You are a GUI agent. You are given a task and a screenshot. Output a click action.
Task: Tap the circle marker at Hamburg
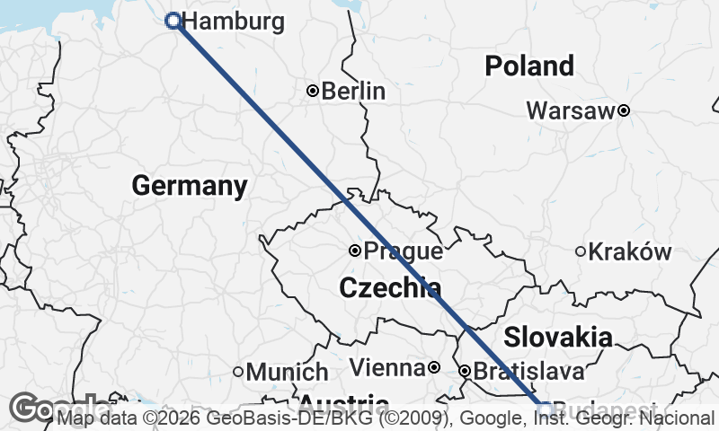173,21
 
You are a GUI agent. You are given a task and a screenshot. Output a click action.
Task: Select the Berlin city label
353,91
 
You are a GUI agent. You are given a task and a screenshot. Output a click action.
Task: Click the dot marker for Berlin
313,90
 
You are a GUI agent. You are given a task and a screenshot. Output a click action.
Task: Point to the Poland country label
528,66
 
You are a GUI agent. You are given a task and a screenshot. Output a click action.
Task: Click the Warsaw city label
570,111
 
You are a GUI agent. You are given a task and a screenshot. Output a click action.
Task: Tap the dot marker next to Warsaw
623,110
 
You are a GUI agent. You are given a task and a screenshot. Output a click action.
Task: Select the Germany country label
189,186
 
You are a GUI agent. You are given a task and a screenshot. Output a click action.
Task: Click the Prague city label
404,251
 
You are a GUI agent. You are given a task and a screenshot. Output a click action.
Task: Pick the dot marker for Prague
355,251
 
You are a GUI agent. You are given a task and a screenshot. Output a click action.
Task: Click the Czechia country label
390,288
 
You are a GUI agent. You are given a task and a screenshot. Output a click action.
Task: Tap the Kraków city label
630,252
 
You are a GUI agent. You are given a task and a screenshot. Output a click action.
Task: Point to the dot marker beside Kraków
581,251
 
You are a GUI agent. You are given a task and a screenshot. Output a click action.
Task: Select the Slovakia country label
557,338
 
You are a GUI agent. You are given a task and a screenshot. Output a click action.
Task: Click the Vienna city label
386,368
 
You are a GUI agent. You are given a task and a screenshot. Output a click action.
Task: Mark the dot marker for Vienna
433,367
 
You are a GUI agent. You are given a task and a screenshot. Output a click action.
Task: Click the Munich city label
287,372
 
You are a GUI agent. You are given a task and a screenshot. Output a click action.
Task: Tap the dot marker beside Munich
238,371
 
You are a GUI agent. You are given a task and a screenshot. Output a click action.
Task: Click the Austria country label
343,402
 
